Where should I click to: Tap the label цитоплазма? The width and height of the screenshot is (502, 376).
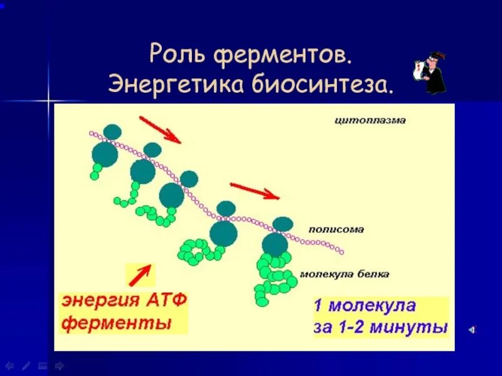[369, 120]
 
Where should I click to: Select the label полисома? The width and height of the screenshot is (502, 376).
[336, 229]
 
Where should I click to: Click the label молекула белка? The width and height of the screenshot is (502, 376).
[344, 274]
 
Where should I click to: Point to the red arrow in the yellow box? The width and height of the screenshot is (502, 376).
[141, 274]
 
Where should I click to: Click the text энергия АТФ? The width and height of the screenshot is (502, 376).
[124, 301]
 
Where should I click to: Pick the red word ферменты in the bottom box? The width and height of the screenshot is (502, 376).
[117, 324]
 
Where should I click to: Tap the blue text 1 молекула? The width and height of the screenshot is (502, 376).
[365, 306]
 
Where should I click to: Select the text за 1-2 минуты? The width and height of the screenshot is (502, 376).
[381, 327]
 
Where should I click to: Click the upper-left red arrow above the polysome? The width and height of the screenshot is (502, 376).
[160, 129]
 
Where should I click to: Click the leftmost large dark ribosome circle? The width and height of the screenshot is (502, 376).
[105, 154]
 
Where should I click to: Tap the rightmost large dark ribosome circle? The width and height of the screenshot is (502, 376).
[275, 244]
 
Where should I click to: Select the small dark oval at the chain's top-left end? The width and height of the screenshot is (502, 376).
[112, 132]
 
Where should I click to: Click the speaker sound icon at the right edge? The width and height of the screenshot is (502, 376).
[472, 328]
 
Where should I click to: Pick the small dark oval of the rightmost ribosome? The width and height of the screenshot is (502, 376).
[283, 224]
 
